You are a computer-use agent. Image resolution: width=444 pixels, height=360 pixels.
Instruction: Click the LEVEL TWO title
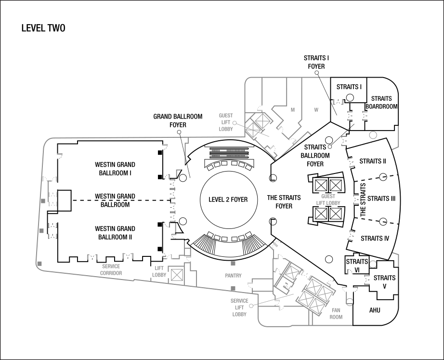click(x=43, y=28)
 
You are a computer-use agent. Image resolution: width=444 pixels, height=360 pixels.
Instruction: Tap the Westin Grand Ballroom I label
click(x=115, y=169)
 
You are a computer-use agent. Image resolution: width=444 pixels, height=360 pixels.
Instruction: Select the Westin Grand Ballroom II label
click(x=115, y=233)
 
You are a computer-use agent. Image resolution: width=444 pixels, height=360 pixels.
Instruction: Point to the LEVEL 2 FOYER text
click(x=228, y=200)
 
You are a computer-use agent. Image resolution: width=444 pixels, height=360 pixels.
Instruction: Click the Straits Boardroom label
click(x=381, y=103)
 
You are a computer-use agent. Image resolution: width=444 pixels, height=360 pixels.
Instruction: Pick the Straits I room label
click(x=349, y=87)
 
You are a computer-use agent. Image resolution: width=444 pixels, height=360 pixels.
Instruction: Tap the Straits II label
click(x=373, y=161)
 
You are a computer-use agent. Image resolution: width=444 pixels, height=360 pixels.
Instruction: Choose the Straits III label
click(x=381, y=199)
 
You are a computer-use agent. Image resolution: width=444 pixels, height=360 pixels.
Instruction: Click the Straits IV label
click(x=375, y=239)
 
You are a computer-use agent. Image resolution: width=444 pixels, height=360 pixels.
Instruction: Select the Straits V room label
click(x=385, y=282)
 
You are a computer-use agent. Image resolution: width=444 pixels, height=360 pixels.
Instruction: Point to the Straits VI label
click(x=357, y=266)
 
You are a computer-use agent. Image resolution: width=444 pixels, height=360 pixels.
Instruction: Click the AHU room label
click(x=375, y=310)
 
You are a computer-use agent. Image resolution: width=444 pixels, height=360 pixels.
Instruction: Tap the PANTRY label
click(x=234, y=275)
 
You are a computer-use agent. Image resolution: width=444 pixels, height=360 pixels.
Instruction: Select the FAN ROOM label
click(x=336, y=314)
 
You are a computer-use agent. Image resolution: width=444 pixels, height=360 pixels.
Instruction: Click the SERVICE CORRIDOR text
click(x=111, y=269)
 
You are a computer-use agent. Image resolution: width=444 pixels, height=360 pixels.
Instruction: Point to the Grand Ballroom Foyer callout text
click(x=178, y=120)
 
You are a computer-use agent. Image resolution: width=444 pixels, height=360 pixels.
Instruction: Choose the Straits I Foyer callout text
click(x=316, y=62)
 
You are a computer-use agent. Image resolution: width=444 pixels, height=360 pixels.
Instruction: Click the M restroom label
click(x=293, y=110)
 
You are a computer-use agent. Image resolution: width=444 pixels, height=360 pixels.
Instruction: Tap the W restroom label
click(x=316, y=110)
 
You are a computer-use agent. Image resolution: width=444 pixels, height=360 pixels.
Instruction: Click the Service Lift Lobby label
click(x=239, y=307)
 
